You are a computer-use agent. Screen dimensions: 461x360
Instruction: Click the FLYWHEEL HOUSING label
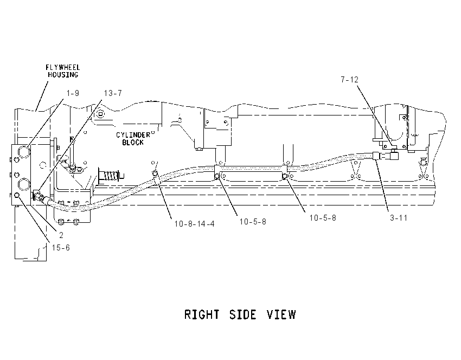(62, 71)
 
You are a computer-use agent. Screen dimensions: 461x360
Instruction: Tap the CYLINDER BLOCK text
(133, 138)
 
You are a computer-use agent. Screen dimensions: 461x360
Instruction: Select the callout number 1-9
(73, 93)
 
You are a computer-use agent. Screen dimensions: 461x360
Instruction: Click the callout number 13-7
(113, 93)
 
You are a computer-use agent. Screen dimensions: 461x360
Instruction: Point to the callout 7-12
(350, 80)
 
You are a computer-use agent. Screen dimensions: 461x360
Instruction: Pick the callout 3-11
(399, 218)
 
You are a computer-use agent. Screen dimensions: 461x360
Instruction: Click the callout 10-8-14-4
(195, 223)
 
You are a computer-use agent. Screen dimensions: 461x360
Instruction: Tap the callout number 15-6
(61, 248)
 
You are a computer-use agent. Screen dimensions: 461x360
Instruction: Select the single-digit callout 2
(61, 235)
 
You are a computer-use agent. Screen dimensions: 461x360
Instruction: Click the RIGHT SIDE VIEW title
(240, 314)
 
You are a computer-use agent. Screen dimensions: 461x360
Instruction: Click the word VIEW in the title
(281, 314)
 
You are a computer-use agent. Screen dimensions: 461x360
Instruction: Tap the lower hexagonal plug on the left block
(23, 184)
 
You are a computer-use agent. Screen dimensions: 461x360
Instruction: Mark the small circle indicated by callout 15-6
(17, 195)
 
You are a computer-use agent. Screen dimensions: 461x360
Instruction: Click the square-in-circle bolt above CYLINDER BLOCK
(101, 114)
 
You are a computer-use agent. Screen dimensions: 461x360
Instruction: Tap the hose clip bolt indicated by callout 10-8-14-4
(155, 173)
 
